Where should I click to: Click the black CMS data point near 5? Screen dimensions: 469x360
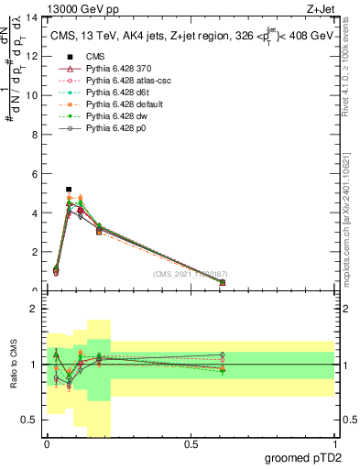pos(69,190)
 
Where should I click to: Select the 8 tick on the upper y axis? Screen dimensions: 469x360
pos(37,135)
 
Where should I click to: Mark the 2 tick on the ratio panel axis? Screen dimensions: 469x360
pos(37,309)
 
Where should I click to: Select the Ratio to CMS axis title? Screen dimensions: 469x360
pos(14,364)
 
